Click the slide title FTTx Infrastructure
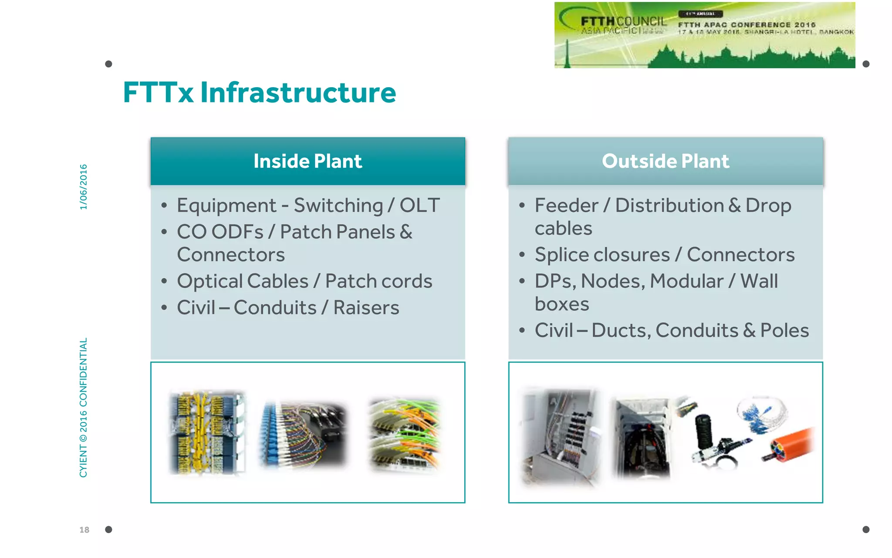[259, 92]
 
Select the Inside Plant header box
[307, 161]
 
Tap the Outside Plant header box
[665, 161]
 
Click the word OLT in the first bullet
[419, 205]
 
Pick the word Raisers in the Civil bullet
[366, 308]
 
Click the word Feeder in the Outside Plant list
[566, 205]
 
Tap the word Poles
[784, 330]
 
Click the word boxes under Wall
[562, 304]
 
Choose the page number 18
[84, 530]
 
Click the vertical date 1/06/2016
[83, 187]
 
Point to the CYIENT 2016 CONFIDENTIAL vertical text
[83, 407]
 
